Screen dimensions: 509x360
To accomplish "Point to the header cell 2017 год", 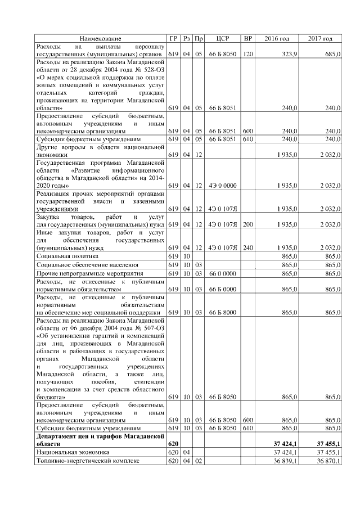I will tap(320, 38).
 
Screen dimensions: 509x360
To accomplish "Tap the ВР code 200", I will tap(247, 224).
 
